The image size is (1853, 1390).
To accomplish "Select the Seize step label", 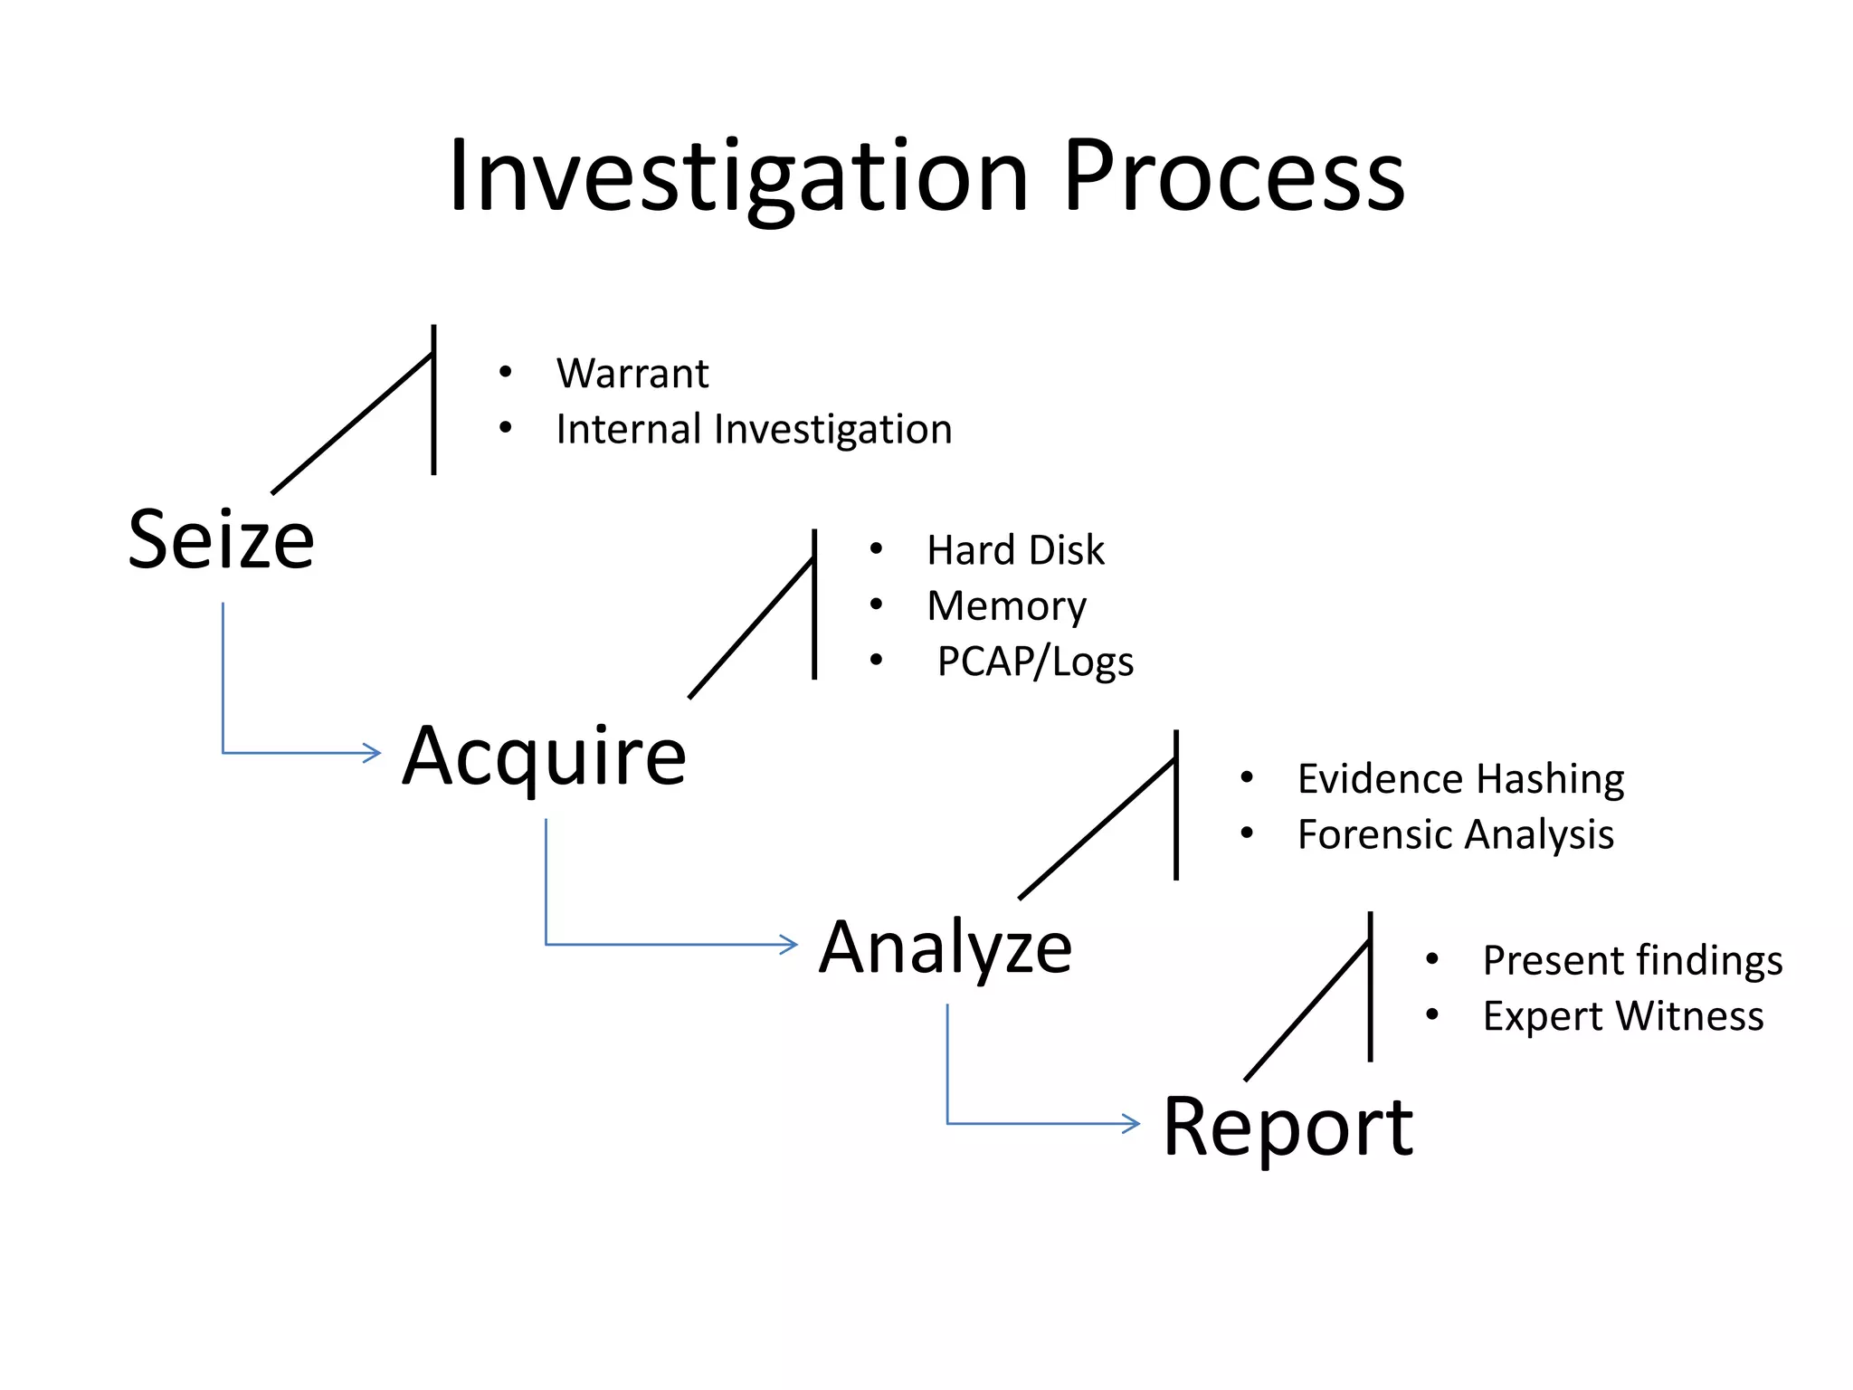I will (x=222, y=540).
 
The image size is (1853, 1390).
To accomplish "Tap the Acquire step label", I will (x=545, y=756).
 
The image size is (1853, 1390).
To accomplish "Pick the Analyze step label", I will (x=946, y=947).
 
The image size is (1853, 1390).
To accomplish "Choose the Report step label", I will (x=1288, y=1128).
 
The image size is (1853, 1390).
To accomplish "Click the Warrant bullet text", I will (x=632, y=374).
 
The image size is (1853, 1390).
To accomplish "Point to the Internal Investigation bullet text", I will (x=754, y=429).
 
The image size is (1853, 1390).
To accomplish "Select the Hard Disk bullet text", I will (x=1015, y=550).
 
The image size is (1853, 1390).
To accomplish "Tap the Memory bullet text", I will (x=1006, y=606).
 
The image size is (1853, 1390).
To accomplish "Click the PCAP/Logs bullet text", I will (x=1035, y=662).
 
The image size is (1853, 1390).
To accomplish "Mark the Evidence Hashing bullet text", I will (x=1460, y=779).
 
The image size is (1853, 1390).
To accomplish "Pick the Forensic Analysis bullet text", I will (x=1455, y=834).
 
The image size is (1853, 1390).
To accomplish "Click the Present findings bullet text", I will (x=1632, y=961).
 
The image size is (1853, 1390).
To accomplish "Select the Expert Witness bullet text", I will (x=1623, y=1016).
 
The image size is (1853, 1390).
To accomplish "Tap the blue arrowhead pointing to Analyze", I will (x=789, y=945).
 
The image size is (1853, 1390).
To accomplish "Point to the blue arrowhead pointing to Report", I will (x=1132, y=1124).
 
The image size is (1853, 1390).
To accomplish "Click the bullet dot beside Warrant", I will (x=506, y=372).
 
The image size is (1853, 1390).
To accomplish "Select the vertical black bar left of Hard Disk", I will (x=814, y=605).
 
